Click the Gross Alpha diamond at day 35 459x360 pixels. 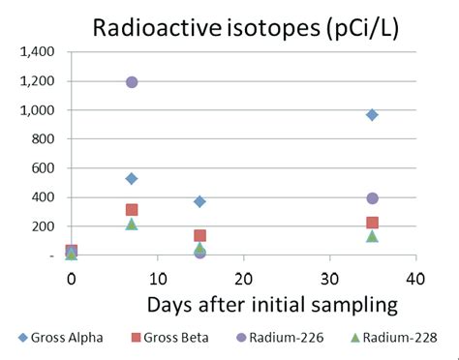pos(372,115)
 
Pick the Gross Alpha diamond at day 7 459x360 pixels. pos(132,178)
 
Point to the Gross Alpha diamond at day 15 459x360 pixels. pos(199,201)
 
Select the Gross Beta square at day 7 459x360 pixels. pos(132,210)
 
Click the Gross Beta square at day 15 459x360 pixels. pos(199,235)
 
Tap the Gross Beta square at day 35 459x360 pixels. pos(372,223)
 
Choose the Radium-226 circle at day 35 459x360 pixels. pos(372,198)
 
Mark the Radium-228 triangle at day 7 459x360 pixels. pos(132,224)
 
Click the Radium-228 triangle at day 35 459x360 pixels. pos(372,236)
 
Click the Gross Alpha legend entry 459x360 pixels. pos(58,338)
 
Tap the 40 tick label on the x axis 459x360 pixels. pos(415,277)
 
